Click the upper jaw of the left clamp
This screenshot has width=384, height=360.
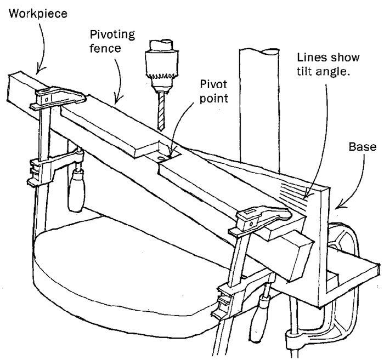tap(60, 99)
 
